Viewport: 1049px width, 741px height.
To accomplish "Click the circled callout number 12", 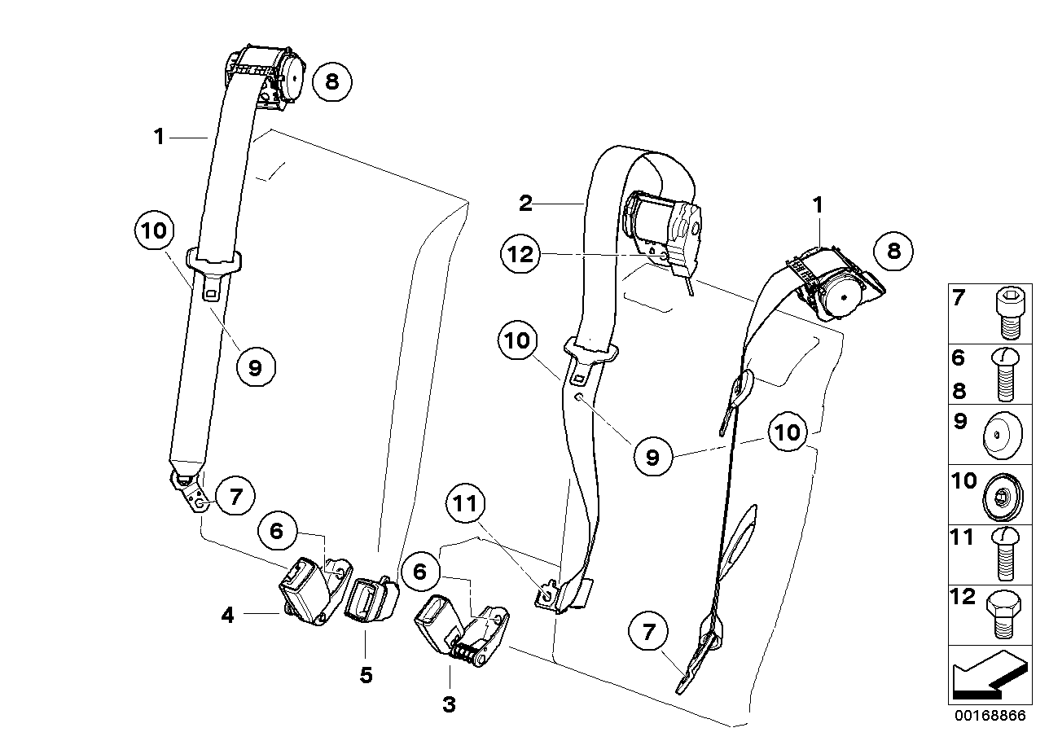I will [x=520, y=255].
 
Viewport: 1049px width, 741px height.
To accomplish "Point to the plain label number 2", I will [x=525, y=204].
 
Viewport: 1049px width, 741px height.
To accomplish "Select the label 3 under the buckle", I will [x=449, y=704].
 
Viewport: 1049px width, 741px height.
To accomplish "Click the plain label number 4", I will [x=227, y=616].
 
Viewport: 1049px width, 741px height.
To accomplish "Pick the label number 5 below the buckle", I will [x=366, y=676].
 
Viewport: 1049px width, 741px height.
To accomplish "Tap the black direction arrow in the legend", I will [x=988, y=681].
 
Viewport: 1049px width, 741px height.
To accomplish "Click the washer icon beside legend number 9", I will [x=1002, y=432].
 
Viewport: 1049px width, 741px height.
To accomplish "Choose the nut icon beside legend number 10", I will [x=1002, y=494].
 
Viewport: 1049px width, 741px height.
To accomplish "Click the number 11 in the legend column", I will [x=963, y=538].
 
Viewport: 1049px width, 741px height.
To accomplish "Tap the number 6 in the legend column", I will [x=959, y=358].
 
